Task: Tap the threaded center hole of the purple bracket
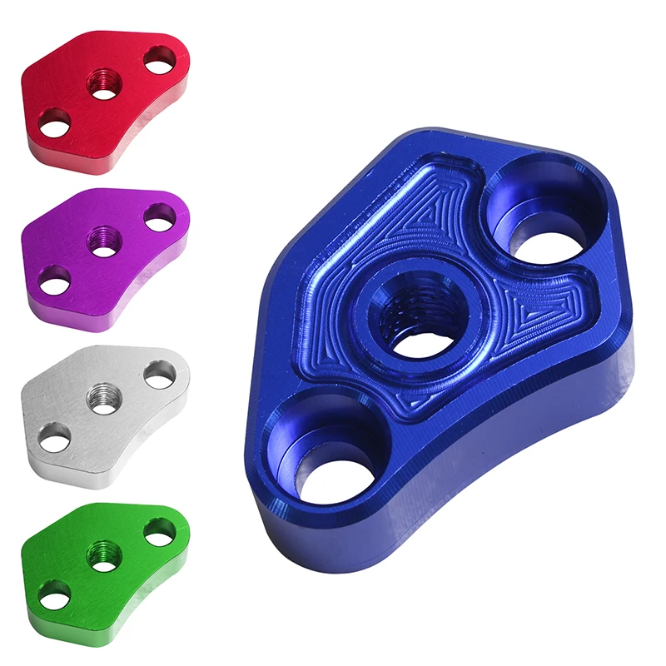pyautogui.click(x=106, y=241)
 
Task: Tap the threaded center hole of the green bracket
pyautogui.click(x=104, y=555)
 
